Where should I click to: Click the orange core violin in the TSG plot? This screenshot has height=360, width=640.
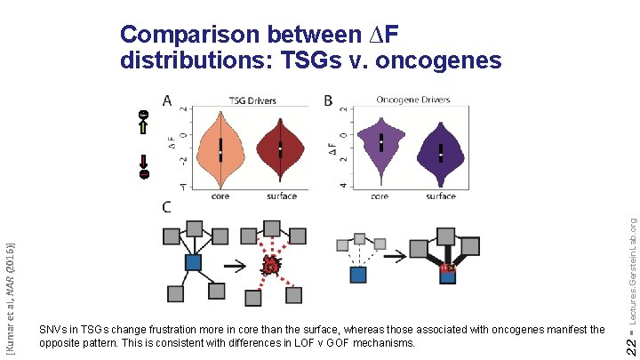(220, 148)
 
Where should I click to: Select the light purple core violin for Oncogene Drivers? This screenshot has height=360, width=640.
(380, 143)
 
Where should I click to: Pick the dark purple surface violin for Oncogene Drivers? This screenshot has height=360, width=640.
(440, 152)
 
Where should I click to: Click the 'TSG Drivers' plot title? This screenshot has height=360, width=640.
(252, 100)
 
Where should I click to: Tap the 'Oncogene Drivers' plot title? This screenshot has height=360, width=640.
(413, 100)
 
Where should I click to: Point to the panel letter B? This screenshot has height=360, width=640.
(327, 101)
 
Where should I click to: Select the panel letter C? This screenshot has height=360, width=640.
(166, 207)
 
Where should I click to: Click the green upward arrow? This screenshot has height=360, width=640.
(143, 128)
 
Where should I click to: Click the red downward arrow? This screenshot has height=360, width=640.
(143, 162)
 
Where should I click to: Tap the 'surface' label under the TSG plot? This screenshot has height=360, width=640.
(281, 196)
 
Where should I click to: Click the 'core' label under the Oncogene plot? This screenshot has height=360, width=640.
(379, 196)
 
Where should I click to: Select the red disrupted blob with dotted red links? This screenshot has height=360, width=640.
(272, 264)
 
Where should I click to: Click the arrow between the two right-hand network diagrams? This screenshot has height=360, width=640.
(396, 256)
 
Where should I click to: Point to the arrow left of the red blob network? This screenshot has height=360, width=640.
(236, 265)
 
